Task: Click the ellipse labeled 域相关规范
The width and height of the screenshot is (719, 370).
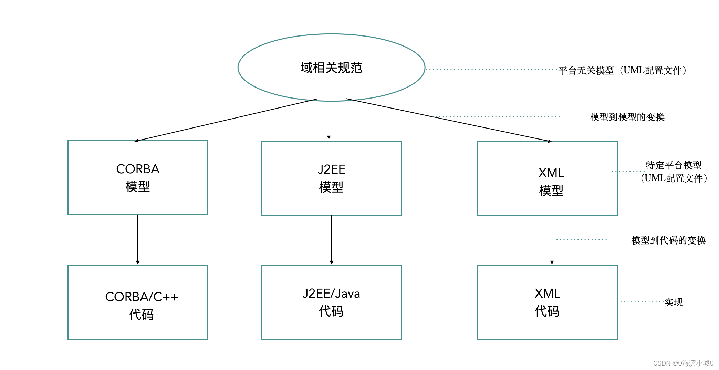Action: [x=331, y=68]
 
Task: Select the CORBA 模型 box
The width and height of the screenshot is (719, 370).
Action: [x=138, y=177]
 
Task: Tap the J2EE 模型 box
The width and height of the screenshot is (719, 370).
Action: [x=331, y=178]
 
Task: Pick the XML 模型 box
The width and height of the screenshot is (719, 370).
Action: [x=547, y=178]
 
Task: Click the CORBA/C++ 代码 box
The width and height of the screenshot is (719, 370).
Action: [x=138, y=302]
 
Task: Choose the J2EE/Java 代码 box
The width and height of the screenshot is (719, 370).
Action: [x=331, y=302]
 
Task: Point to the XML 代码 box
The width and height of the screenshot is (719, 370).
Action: [x=547, y=302]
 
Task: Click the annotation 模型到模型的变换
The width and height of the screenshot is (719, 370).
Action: [x=627, y=117]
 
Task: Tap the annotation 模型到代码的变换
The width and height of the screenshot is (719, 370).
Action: [x=668, y=240]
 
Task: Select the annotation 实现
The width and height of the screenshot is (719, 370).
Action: [x=674, y=302]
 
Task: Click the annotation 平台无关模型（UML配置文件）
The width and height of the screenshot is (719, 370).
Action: [x=623, y=71]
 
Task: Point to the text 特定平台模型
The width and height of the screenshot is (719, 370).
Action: [x=674, y=165]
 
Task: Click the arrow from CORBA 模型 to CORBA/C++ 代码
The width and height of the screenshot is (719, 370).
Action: [x=138, y=239]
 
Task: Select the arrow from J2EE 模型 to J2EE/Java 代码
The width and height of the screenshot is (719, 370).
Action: [x=332, y=239]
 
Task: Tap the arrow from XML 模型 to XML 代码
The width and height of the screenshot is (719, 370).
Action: [x=552, y=239]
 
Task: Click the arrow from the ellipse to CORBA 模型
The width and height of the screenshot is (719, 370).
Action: [x=226, y=120]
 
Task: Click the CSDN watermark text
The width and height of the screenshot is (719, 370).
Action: [x=683, y=363]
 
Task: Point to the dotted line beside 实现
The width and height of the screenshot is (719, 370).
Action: [x=642, y=302]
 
